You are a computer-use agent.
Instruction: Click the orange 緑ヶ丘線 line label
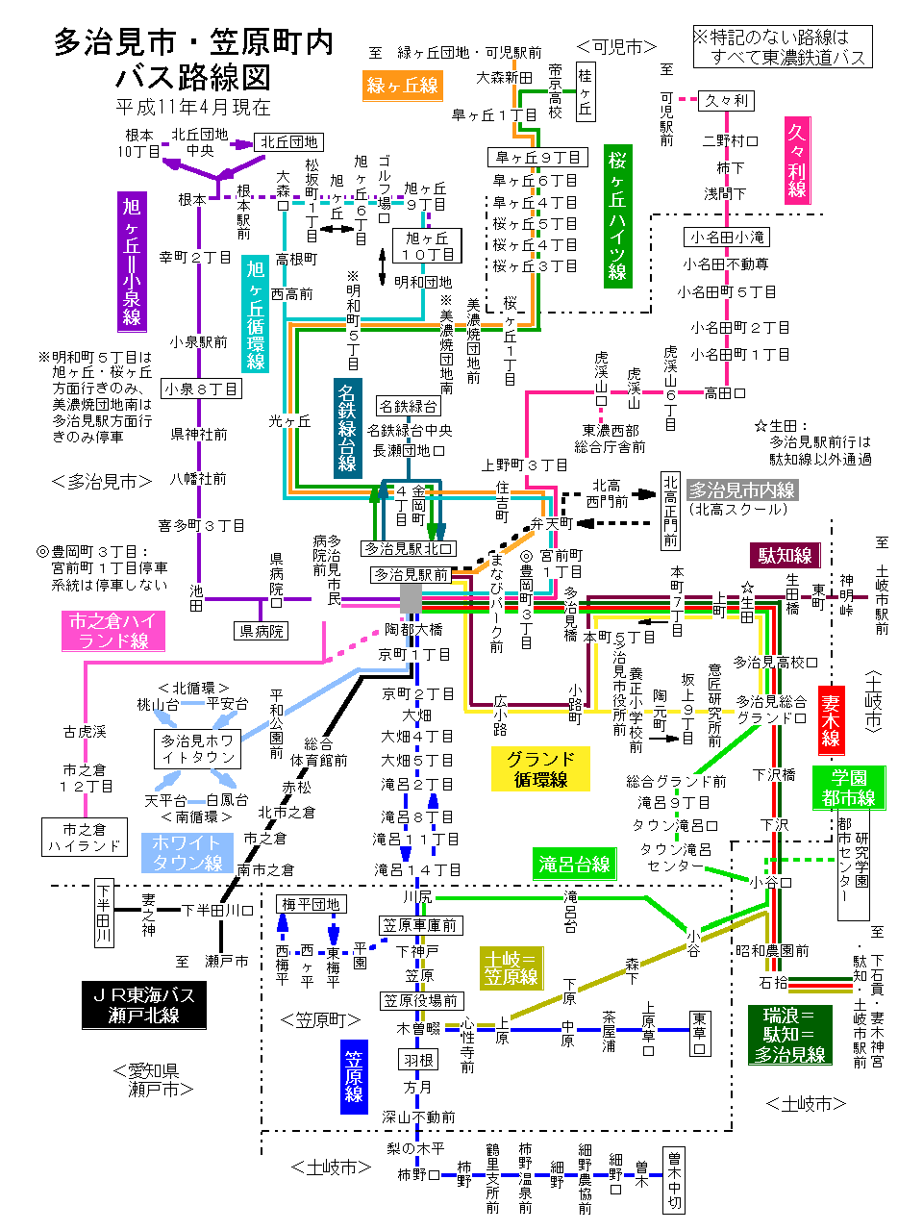coord(402,86)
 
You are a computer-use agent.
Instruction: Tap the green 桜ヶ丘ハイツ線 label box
coord(617,216)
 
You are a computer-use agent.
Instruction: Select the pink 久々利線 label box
coord(797,160)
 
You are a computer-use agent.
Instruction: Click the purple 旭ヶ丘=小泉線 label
coord(132,261)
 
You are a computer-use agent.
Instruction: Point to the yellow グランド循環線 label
coord(540,769)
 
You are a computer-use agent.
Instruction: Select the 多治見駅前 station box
coord(411,575)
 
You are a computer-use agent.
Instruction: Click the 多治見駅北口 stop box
coord(408,549)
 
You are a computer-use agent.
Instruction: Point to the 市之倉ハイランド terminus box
coord(85,838)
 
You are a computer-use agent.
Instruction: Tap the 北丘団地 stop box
coord(289,142)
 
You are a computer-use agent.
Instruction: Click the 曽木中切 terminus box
coord(674,1179)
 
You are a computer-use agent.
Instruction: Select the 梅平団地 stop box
coord(311,904)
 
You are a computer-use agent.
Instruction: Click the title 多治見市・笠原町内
coord(193,42)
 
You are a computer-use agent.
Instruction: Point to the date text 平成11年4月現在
coord(193,107)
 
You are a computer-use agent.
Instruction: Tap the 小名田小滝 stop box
coord(727,237)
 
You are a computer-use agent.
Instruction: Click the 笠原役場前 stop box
coord(421,1001)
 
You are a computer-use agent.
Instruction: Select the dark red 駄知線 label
coord(785,555)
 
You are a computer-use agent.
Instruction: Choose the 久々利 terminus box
coord(726,100)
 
